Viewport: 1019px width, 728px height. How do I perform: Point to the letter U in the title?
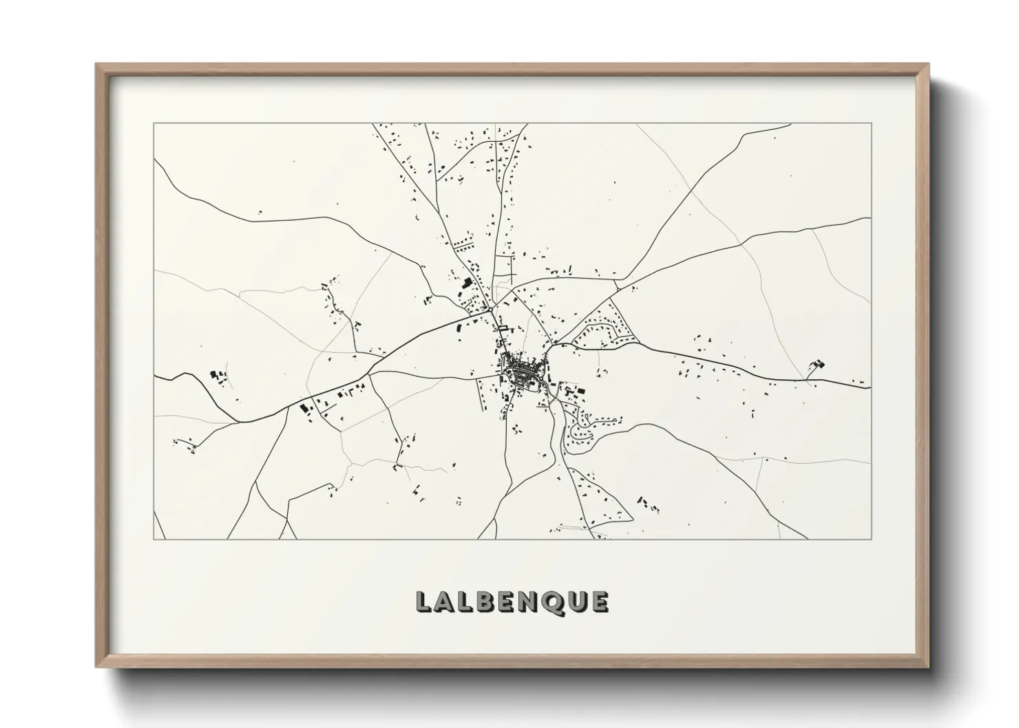click(580, 601)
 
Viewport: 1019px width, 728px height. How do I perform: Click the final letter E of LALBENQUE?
click(601, 601)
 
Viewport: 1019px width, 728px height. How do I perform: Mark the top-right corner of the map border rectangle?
click(871, 123)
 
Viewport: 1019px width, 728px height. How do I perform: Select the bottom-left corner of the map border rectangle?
click(154, 539)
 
